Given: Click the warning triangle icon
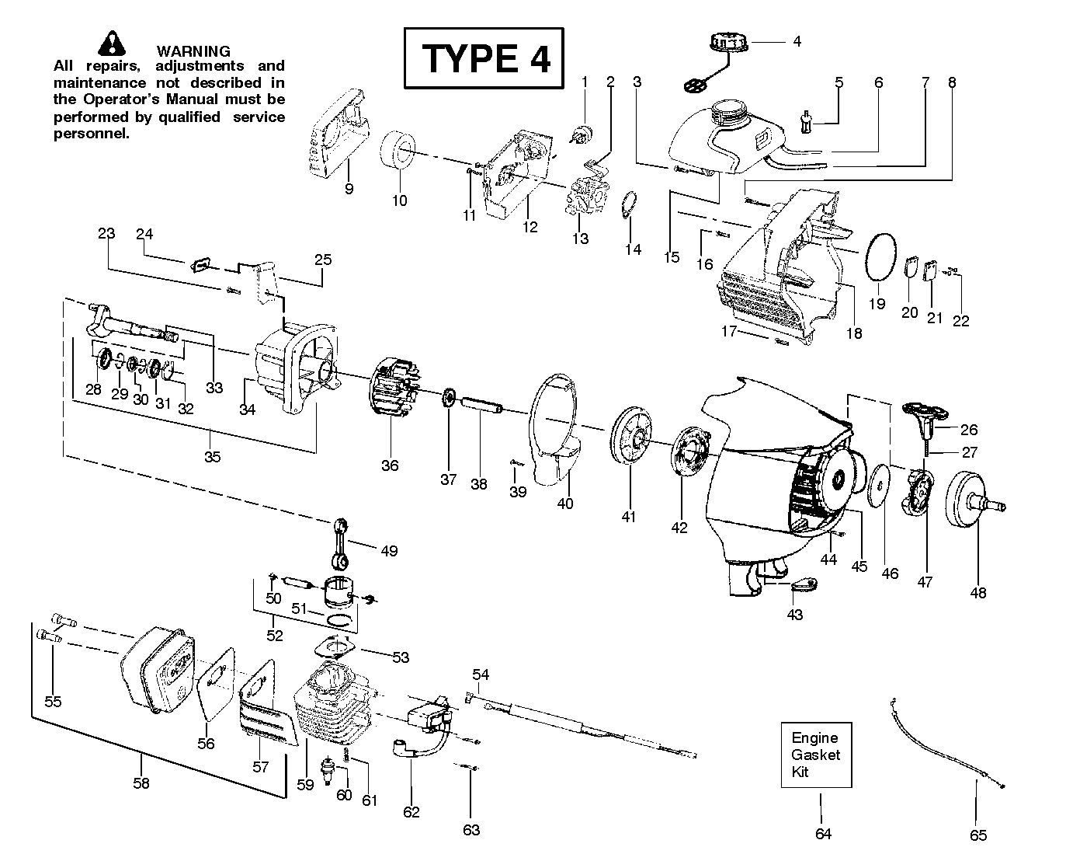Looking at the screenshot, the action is point(112,44).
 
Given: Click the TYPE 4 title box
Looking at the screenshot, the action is point(484,58).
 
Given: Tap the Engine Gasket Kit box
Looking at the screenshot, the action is point(816,755).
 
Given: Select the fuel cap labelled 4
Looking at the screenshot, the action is point(729,44).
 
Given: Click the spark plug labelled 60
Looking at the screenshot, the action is point(328,770).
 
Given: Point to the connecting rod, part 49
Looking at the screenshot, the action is point(340,544).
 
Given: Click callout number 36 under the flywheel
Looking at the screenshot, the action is point(390,465).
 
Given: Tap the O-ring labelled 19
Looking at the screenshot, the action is point(880,258).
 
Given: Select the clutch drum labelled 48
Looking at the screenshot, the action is point(974,505).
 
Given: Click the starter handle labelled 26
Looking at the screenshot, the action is point(925,420).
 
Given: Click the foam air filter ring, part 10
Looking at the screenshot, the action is point(398,150).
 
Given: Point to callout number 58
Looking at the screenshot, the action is point(141,783).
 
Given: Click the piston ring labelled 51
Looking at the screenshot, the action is point(340,619).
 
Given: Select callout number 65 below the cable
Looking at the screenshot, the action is point(978,835).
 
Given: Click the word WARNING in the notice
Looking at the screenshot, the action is point(193,51).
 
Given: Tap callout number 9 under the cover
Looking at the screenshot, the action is point(349,189).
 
